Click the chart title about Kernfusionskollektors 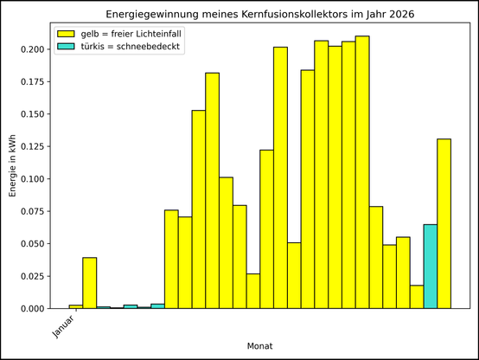260,15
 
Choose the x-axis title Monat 260,345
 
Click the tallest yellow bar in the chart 362,173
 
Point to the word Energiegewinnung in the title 145,15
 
